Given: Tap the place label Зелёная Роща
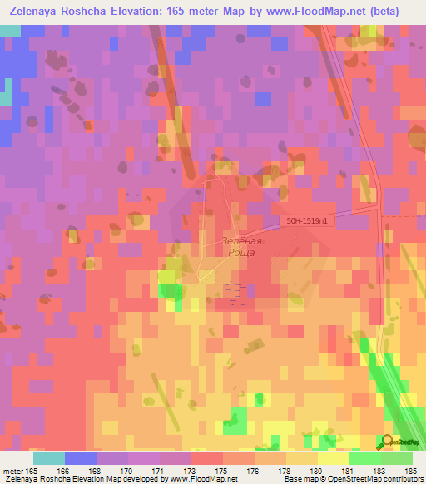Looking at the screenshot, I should tap(242, 245).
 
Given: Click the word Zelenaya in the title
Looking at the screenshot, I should tap(41, 12).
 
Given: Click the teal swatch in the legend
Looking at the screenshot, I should tap(49, 457).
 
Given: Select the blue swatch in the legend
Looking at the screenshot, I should tap(81, 457).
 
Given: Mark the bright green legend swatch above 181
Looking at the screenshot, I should tap(364, 457).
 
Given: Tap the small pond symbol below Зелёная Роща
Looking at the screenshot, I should tap(236, 294).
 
